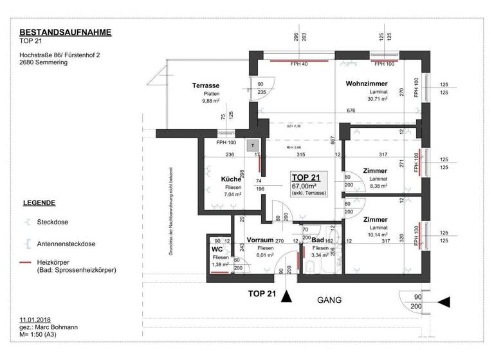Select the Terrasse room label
[x=206, y=85]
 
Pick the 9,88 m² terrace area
[x=211, y=100]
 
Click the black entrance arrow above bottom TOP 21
[x=286, y=296]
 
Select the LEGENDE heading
[x=39, y=203]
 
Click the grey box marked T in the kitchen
[x=254, y=146]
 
